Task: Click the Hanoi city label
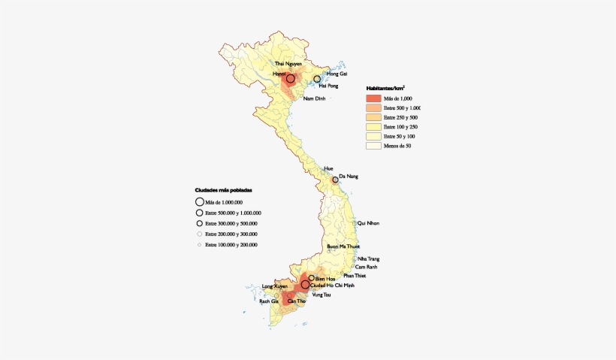[x=279, y=75]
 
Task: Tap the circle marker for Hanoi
[x=290, y=78]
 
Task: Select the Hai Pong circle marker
[x=317, y=78]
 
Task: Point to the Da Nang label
[x=349, y=175]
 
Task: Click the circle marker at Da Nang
[x=335, y=179]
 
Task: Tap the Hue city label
[x=328, y=168]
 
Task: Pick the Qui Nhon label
[x=368, y=223]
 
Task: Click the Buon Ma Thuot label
[x=343, y=247]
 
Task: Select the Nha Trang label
[x=368, y=259]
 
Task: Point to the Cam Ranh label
[x=366, y=268]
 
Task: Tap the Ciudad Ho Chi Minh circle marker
[x=305, y=285]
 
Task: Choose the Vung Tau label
[x=321, y=295]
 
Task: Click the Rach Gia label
[x=268, y=301]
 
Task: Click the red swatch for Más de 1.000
[x=373, y=98]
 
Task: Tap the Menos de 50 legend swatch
[x=373, y=146]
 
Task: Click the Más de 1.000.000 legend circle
[x=200, y=201]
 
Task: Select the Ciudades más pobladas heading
[x=223, y=190]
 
